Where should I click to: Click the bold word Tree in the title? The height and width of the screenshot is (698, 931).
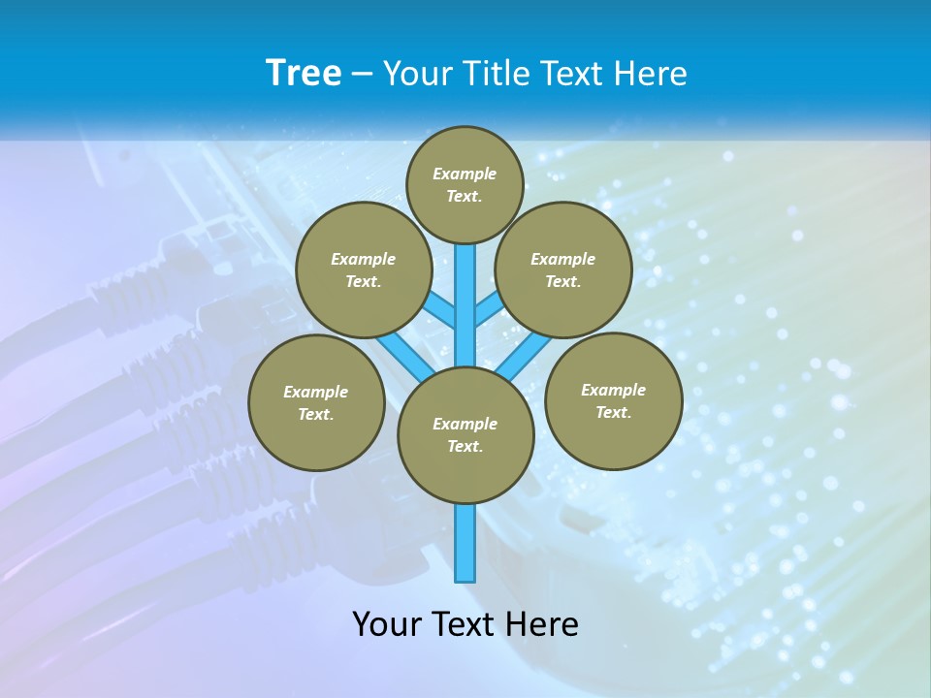point(304,74)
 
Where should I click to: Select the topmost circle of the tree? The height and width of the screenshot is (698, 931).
point(465,184)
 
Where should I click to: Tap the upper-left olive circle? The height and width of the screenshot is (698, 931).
point(363,270)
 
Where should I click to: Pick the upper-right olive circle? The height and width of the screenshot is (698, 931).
point(562,270)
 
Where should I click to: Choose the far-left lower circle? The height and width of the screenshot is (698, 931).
point(316,402)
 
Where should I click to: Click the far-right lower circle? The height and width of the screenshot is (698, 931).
point(613,400)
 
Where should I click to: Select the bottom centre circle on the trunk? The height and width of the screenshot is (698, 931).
point(465,434)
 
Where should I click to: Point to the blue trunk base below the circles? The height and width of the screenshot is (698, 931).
point(465,543)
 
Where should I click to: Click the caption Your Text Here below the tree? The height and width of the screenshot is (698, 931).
point(465,624)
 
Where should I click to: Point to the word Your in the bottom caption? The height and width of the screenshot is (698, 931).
point(387,624)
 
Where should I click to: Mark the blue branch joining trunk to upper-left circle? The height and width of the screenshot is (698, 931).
point(442,312)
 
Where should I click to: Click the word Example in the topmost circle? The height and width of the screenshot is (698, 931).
point(465,174)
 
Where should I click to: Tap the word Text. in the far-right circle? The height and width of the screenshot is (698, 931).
point(613,412)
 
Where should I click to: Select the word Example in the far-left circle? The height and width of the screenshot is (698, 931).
point(316,392)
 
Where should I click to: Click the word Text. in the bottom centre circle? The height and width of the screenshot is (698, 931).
point(465,446)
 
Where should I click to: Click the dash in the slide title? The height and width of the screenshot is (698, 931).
point(363,74)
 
